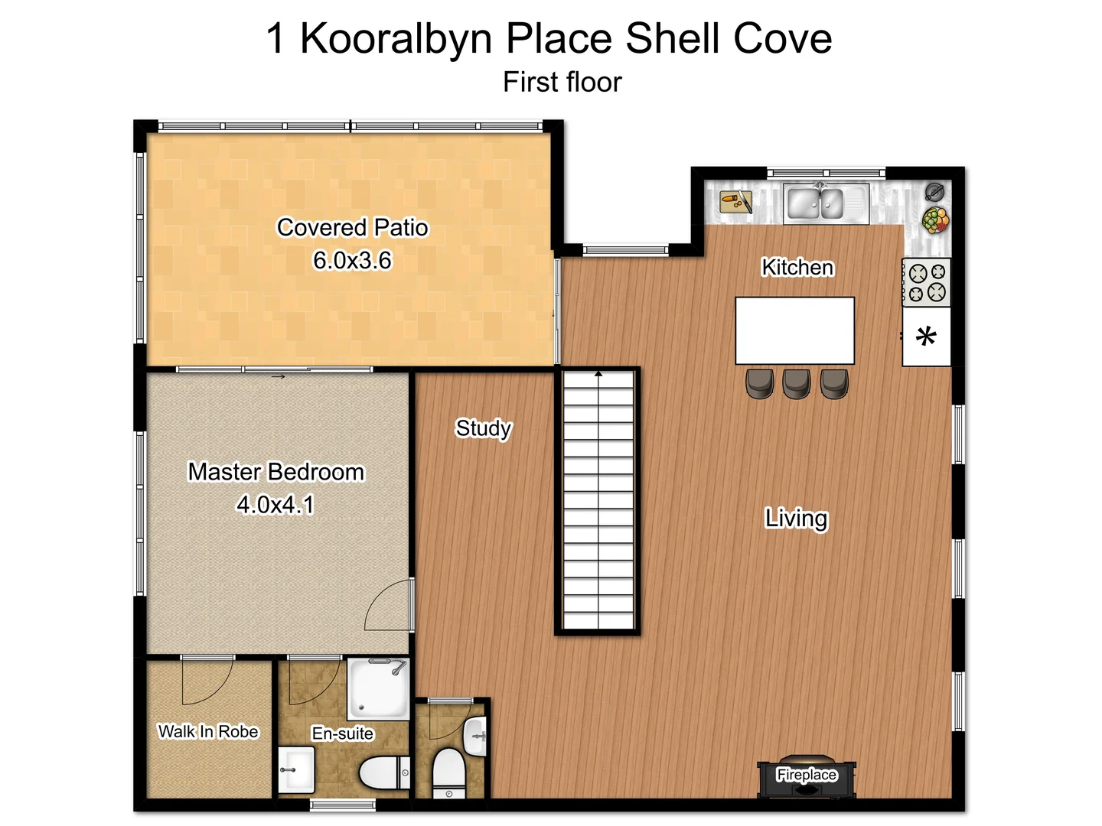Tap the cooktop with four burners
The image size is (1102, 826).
tap(926, 282)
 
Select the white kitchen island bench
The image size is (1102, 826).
tap(794, 330)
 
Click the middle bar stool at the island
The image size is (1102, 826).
tap(796, 383)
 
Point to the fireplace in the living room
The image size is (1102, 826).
tap(806, 779)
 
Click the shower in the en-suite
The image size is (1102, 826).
tap(378, 688)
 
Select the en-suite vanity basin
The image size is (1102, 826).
tap(296, 769)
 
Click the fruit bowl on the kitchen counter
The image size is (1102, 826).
tap(934, 220)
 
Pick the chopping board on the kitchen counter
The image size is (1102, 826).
tap(736, 203)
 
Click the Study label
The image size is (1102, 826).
tap(483, 428)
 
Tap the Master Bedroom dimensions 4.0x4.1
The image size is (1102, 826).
tap(275, 505)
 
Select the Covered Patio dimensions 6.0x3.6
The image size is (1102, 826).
tap(352, 261)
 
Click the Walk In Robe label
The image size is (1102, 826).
tap(208, 732)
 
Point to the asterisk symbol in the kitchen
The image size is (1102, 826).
tap(926, 337)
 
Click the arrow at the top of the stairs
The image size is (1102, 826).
tap(598, 374)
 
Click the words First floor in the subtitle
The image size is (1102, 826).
tap(562, 83)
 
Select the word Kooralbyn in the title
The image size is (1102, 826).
tap(395, 38)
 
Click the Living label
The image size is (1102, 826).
tap(796, 519)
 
